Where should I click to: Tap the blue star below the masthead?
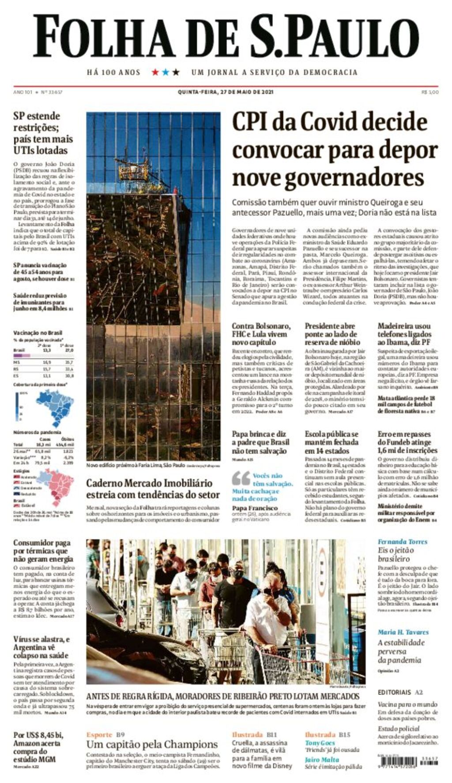point(166,72)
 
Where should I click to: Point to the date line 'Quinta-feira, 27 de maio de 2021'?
point(226,92)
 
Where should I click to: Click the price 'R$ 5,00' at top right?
point(430,92)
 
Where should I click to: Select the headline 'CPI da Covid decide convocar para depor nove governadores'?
point(335,150)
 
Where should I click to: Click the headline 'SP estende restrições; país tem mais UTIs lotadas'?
point(43,133)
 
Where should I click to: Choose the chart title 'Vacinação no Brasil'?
point(38,333)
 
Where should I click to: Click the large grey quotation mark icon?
point(241,479)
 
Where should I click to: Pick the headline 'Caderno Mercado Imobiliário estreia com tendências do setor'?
point(153,488)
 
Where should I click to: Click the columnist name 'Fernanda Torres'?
point(402,541)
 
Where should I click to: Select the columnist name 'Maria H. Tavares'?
point(403,632)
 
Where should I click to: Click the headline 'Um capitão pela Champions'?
point(152,744)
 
